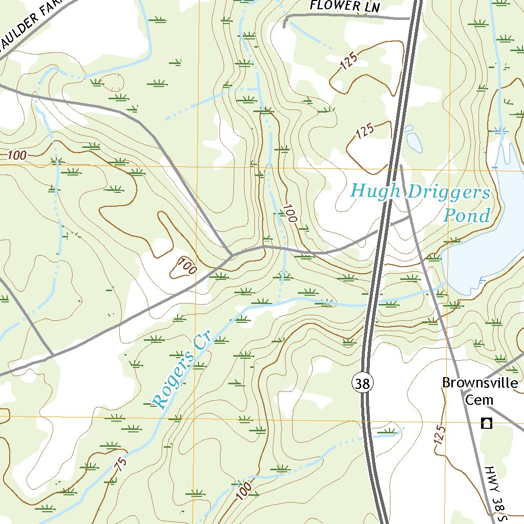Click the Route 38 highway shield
click(362, 383)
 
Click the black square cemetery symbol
click(487, 423)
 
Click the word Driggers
click(449, 193)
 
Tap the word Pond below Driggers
click(466, 215)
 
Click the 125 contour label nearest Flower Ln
click(347, 62)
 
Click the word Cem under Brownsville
click(478, 400)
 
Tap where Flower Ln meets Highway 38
click(411, 19)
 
